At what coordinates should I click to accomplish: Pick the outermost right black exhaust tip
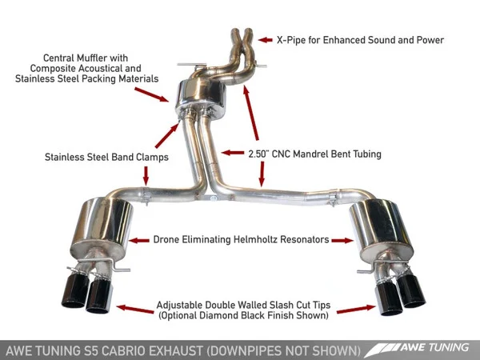416,292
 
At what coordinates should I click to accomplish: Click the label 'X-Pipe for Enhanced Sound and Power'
360,39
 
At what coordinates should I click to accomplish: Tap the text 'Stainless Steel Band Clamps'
106,158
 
